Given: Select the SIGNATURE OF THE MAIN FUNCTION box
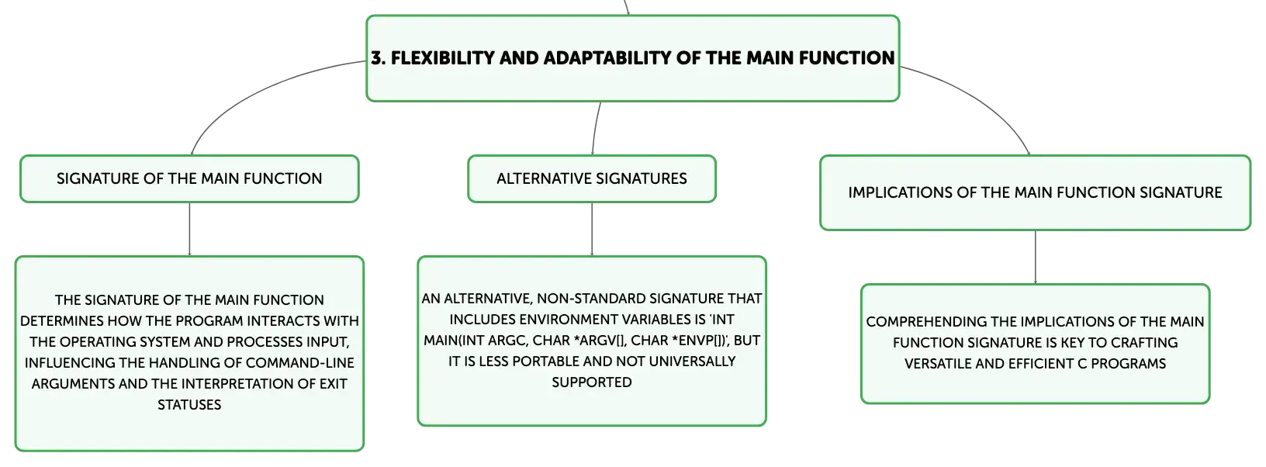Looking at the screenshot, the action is pyautogui.click(x=189, y=178).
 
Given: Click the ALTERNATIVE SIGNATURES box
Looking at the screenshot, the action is pyautogui.click(x=592, y=178).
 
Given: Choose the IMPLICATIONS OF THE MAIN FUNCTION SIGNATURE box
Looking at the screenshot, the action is pyautogui.click(x=1035, y=193).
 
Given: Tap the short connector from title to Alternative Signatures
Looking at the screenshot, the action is pyautogui.click(x=595, y=128).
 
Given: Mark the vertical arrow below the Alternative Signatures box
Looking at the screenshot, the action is pyautogui.click(x=592, y=229).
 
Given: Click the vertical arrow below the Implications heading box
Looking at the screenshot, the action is pyautogui.click(x=1036, y=258).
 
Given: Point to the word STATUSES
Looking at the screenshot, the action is pyautogui.click(x=189, y=405).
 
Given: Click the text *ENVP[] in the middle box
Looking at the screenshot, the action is pyautogui.click(x=694, y=341).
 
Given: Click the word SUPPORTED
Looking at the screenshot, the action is pyautogui.click(x=592, y=382).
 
